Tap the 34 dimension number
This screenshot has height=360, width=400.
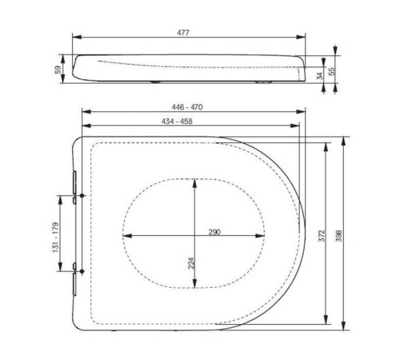319,76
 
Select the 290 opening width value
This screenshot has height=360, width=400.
214,231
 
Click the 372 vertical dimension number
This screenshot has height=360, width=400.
321,235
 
